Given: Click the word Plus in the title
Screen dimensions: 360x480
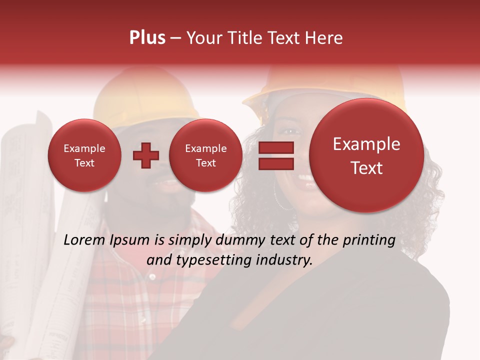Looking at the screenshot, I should click(147, 38).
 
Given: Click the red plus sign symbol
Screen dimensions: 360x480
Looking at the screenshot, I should click(145, 155).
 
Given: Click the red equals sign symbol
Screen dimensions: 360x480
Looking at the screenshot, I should click(276, 155).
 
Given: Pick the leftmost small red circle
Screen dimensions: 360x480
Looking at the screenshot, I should click(84, 155).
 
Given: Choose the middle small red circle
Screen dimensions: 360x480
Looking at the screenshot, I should click(206, 155).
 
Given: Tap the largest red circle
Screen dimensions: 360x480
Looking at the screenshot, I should click(366, 155).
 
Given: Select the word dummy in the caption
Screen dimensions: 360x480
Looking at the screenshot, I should click(241, 240).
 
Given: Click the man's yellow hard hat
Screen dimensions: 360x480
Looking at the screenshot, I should click(145, 95).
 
